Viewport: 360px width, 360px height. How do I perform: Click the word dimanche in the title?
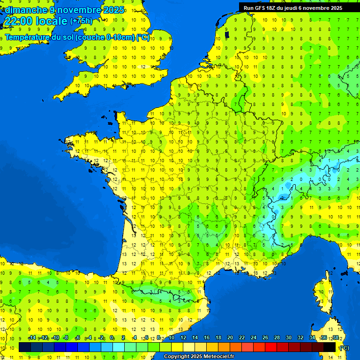26,10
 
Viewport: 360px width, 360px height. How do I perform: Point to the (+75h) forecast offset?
82,21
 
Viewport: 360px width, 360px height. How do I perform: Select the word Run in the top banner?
248,8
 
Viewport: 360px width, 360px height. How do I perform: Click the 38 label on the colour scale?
335,338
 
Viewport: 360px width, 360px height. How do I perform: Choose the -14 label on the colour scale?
32,338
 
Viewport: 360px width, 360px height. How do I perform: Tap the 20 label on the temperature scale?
230,338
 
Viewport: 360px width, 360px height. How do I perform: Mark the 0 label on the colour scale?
112,338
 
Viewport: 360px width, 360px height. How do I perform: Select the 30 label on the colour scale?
288,338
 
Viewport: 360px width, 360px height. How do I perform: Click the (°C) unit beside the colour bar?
344,348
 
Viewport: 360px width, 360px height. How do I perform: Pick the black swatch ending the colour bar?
330,347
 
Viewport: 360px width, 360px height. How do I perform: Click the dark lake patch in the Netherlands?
227,34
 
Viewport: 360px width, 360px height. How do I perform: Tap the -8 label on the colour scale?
67,338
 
